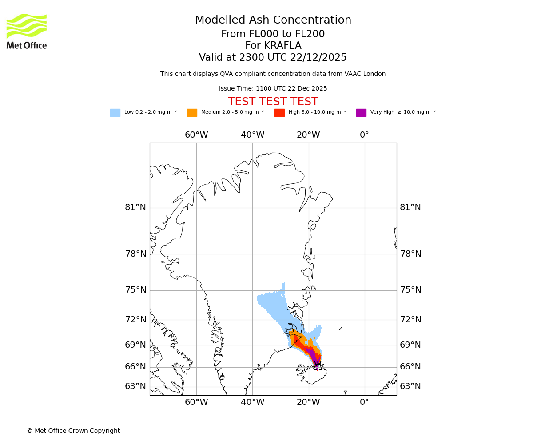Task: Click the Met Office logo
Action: coord(27,31)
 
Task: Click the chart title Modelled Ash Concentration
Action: coord(273,20)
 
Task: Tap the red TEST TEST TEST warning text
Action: coord(273,102)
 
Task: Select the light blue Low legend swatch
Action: coord(115,113)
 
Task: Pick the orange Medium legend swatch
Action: coord(192,113)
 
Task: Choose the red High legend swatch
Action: coord(279,113)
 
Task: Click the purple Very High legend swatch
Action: coord(361,113)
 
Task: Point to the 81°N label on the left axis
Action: coord(135,207)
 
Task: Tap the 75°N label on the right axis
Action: coord(410,290)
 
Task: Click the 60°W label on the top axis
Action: coord(196,135)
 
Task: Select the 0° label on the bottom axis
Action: coord(364,402)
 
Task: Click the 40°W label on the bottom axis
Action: coord(252,402)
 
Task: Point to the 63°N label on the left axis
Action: coord(135,386)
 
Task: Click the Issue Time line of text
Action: coord(273,89)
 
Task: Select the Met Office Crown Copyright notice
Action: coord(73,431)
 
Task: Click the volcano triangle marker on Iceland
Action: coord(317,365)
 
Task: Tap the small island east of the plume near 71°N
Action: coord(341,329)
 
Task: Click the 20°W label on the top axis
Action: coord(308,135)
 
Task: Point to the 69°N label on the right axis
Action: coord(410,345)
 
